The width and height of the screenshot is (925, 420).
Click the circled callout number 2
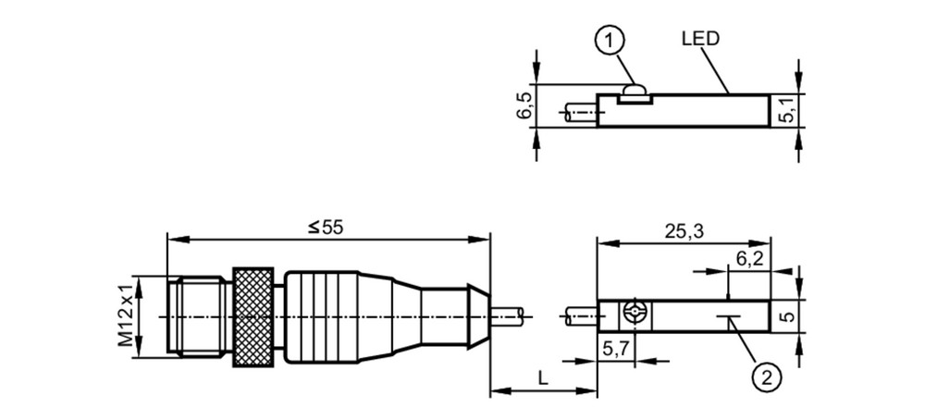tap(767, 376)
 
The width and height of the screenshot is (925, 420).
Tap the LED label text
tap(701, 39)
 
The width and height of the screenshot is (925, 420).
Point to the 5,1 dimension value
tap(789, 110)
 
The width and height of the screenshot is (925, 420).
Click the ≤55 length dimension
tap(325, 228)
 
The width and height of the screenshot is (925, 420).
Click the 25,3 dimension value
tap(684, 231)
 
